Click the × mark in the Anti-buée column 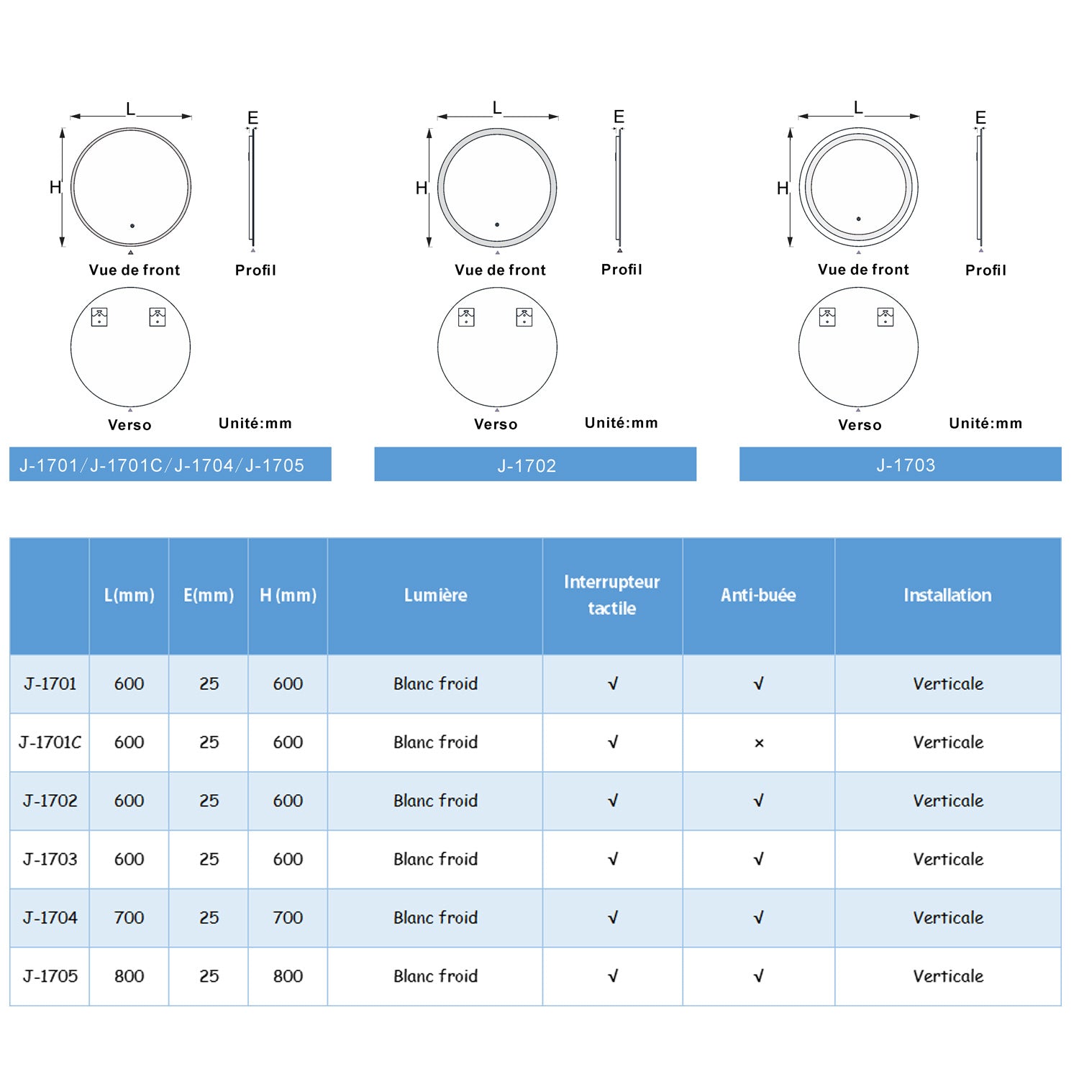click(x=759, y=743)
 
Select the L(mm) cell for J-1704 click(x=129, y=918)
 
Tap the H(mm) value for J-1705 click(x=288, y=976)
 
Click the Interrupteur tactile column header click(x=612, y=595)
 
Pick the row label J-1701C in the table click(x=50, y=742)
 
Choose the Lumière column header click(x=436, y=595)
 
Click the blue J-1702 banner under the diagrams click(x=535, y=464)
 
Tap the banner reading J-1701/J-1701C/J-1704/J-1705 click(x=170, y=464)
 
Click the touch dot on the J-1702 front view click(x=497, y=224)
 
